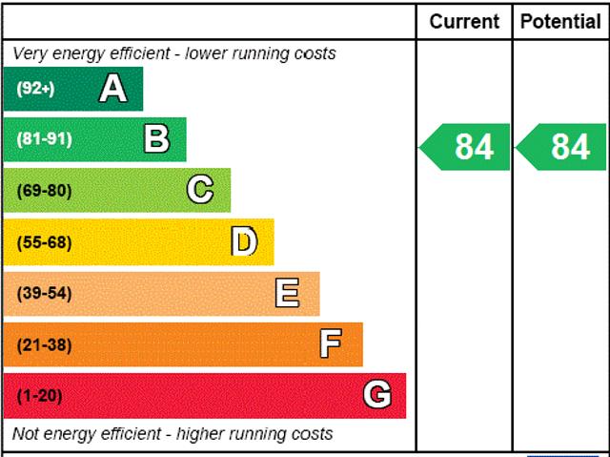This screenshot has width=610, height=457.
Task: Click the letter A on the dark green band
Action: point(112,89)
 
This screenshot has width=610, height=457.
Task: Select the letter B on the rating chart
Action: point(156,139)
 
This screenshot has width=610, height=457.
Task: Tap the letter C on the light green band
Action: point(200,190)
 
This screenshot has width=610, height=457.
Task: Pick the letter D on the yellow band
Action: point(244,241)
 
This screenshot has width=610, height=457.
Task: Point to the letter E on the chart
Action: point(287,293)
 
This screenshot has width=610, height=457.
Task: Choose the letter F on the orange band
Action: point(331,343)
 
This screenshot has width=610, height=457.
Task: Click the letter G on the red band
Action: point(377,395)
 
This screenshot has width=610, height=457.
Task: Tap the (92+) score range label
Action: point(36,89)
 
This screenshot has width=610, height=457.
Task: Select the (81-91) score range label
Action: point(44,139)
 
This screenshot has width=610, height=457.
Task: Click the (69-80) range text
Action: point(44,191)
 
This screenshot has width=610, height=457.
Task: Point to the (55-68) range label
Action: point(44,242)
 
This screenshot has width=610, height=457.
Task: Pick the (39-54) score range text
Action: point(44,293)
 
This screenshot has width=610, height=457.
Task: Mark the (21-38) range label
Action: point(44,344)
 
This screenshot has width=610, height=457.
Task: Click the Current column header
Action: point(464,21)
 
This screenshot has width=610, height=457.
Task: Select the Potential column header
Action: point(561,21)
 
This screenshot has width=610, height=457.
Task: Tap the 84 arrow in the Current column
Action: point(465,147)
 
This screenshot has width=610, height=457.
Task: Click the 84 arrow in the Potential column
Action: point(561,147)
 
